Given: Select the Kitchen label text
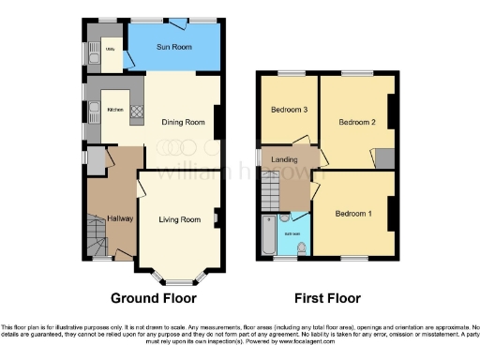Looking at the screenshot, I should tap(115, 110).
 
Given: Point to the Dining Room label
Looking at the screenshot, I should tap(183, 122).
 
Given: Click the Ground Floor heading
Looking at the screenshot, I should tap(154, 298).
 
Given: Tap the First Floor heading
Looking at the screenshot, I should tap(327, 298).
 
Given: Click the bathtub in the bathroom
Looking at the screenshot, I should tap(268, 235).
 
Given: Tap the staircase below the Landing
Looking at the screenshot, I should tap(270, 193).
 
